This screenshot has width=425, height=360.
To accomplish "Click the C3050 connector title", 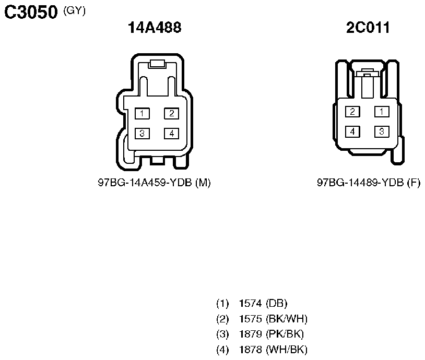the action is click(31, 12).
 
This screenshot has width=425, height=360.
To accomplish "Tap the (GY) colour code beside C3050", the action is click(74, 10).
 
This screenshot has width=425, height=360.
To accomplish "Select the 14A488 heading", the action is click(155, 27).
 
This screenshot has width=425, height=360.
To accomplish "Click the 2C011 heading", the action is click(368, 27).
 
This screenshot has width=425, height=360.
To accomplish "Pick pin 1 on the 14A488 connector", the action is click(142, 114).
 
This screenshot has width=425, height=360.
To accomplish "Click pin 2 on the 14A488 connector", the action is click(171, 114).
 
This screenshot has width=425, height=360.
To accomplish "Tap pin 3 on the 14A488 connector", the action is click(142, 133).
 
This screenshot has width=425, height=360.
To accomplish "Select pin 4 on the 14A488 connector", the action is click(171, 133).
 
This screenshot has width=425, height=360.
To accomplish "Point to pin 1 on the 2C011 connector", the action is click(382, 112).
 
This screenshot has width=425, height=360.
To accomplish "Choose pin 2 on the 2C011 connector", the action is click(352, 112).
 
